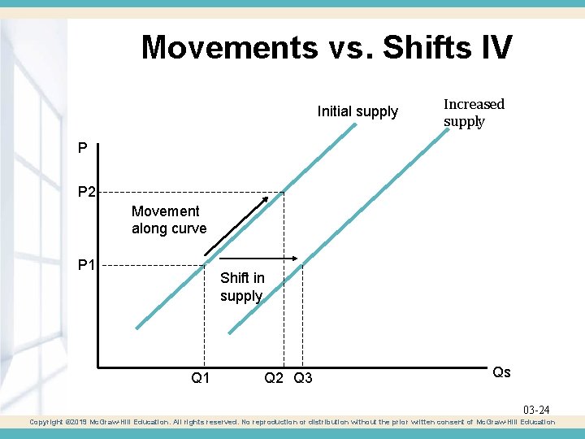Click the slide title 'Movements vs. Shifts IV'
327,47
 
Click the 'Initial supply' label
357,111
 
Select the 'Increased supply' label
474,113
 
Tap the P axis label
83,148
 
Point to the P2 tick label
87,193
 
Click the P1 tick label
87,264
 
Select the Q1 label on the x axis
201,377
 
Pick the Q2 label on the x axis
275,377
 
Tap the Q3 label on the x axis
303,377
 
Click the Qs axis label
501,372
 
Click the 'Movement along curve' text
169,219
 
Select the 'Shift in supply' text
242,287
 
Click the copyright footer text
292,422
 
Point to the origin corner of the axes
97,367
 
